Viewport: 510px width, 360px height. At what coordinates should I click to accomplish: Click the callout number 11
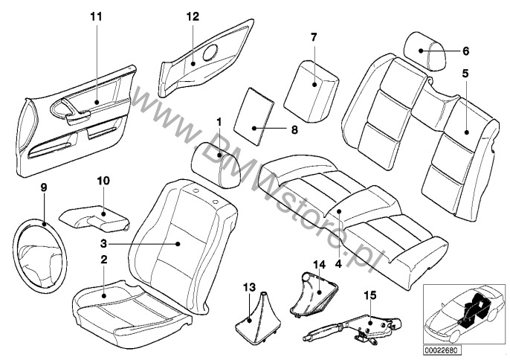95,16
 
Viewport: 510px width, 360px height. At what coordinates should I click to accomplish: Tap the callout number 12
193,16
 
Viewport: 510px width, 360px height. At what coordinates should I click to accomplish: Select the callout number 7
313,36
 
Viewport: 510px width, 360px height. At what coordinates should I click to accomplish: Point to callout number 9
44,188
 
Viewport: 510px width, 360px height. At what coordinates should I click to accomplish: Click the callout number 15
369,295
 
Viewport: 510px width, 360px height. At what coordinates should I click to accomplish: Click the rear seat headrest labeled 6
423,51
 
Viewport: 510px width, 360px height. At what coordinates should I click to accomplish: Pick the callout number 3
105,243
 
